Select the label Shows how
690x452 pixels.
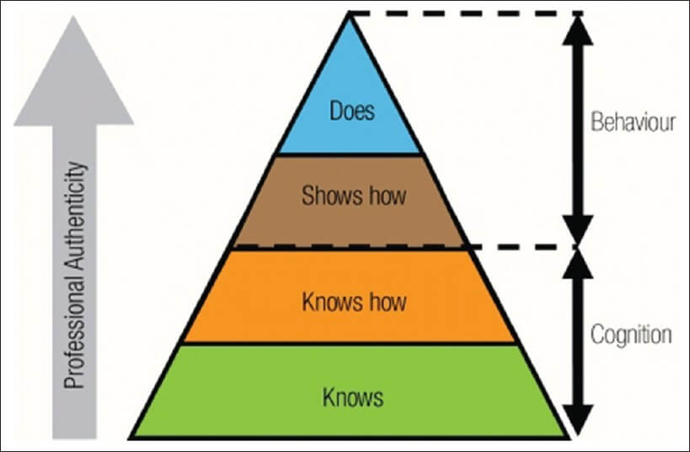[x=353, y=196]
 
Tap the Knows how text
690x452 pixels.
[x=353, y=300]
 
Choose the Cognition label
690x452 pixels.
[x=631, y=335]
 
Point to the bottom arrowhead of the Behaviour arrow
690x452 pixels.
[x=576, y=229]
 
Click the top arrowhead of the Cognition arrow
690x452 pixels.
[x=576, y=264]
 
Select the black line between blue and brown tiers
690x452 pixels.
[x=349, y=154]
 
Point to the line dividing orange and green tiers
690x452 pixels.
[x=349, y=343]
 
